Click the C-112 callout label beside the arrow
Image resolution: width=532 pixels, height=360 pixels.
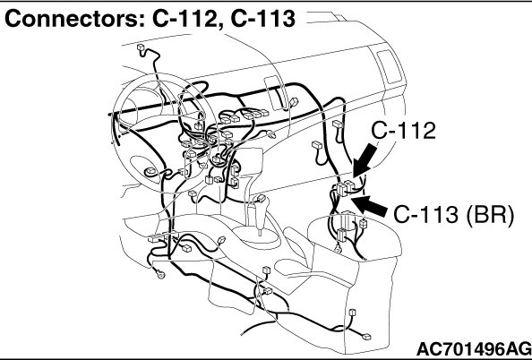coord(403,131)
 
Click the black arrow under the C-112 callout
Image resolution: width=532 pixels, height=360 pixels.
coord(365,160)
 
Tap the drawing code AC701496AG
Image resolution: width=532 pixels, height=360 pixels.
coord(473,348)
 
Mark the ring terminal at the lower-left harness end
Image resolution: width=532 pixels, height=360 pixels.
coord(160,273)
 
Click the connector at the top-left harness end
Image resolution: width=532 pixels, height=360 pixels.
coord(142,47)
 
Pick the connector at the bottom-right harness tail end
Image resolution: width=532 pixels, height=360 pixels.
coord(366,337)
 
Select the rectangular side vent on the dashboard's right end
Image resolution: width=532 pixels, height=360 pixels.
coord(390,66)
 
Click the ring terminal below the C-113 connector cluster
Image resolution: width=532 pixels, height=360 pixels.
coord(338,249)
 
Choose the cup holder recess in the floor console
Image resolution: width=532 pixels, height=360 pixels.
coord(292,266)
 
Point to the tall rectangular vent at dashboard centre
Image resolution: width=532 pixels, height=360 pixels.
coord(274,92)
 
